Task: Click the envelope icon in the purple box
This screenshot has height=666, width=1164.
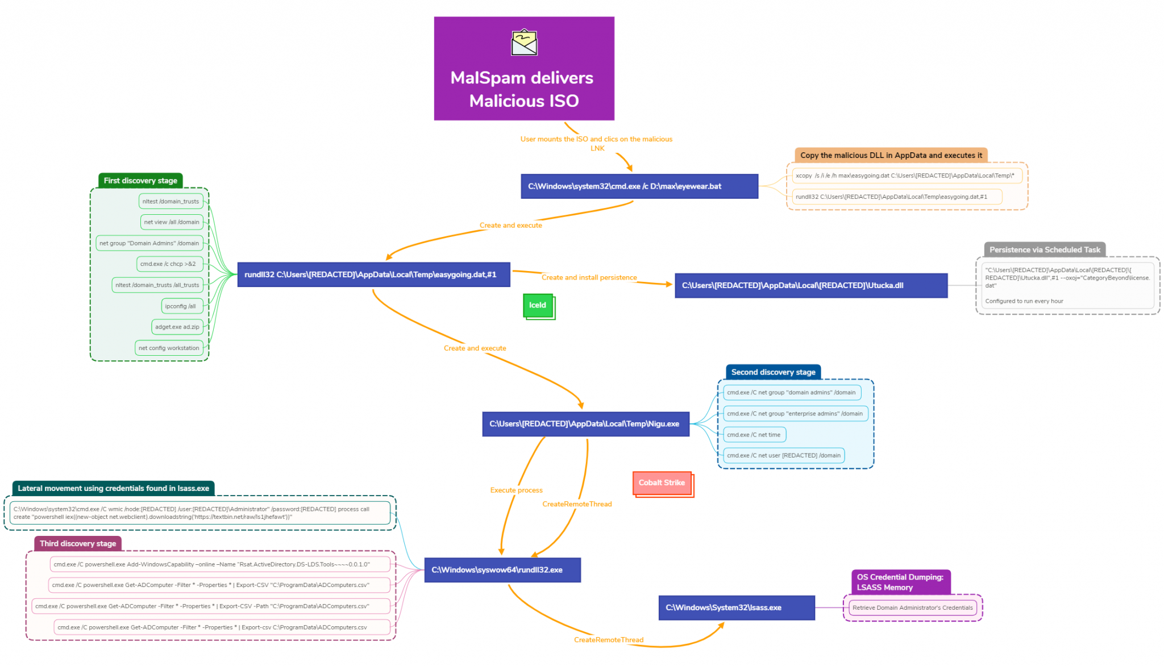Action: tap(523, 43)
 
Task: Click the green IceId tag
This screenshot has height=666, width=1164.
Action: tap(538, 306)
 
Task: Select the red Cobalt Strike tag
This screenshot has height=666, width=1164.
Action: tap(662, 483)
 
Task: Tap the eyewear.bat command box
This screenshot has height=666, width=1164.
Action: tap(639, 186)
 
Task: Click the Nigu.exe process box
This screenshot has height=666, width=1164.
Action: tap(585, 424)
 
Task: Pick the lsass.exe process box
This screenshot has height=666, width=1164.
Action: tap(736, 607)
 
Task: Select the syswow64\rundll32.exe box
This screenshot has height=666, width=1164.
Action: tap(502, 570)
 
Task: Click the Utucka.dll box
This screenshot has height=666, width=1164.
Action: tap(810, 285)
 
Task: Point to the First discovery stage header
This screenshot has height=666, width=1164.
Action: tap(140, 181)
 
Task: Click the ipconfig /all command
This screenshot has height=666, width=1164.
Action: tap(180, 306)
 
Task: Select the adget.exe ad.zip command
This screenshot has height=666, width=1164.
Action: tap(177, 327)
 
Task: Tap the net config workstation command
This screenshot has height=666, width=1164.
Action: tap(169, 348)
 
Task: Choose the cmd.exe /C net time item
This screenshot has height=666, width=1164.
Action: tap(754, 435)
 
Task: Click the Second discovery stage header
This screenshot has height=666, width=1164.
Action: tap(773, 372)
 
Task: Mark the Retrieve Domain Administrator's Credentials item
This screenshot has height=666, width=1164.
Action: tap(912, 607)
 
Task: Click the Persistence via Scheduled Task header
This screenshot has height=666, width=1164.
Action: tap(1044, 250)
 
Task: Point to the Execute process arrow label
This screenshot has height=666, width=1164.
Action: tap(516, 490)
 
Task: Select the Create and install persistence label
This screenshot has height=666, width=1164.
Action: tap(589, 277)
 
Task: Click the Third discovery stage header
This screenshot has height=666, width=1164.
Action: tap(78, 544)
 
